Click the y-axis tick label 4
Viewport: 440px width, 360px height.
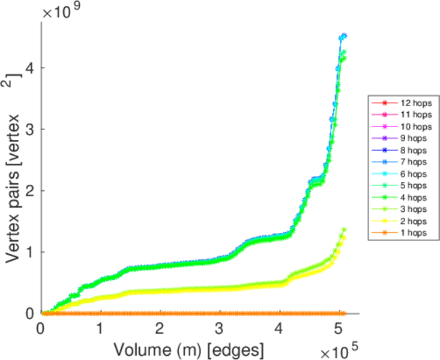pos(29,68)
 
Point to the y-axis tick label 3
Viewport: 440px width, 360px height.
pos(29,129)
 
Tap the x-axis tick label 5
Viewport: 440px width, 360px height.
pos(340,329)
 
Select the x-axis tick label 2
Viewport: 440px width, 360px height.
pos(160,329)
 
